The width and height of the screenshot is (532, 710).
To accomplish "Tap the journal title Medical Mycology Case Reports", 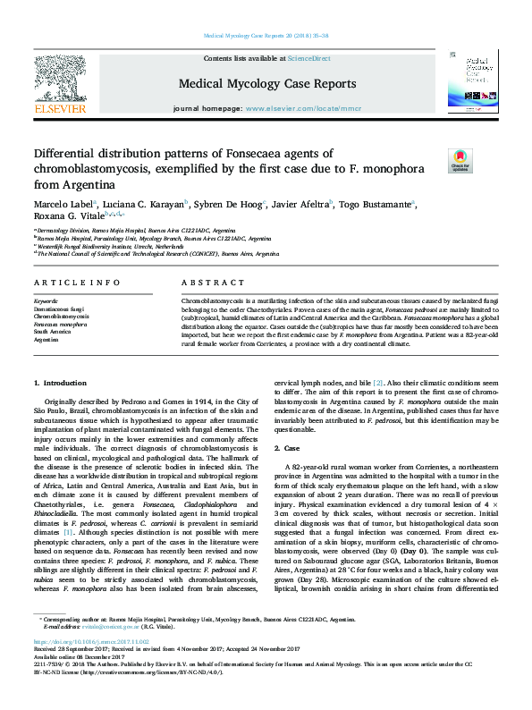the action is pos(267,84).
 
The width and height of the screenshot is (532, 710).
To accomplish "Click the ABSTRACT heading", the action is pos(200,283).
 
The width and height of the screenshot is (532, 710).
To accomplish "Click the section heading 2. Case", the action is pos(290,447).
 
